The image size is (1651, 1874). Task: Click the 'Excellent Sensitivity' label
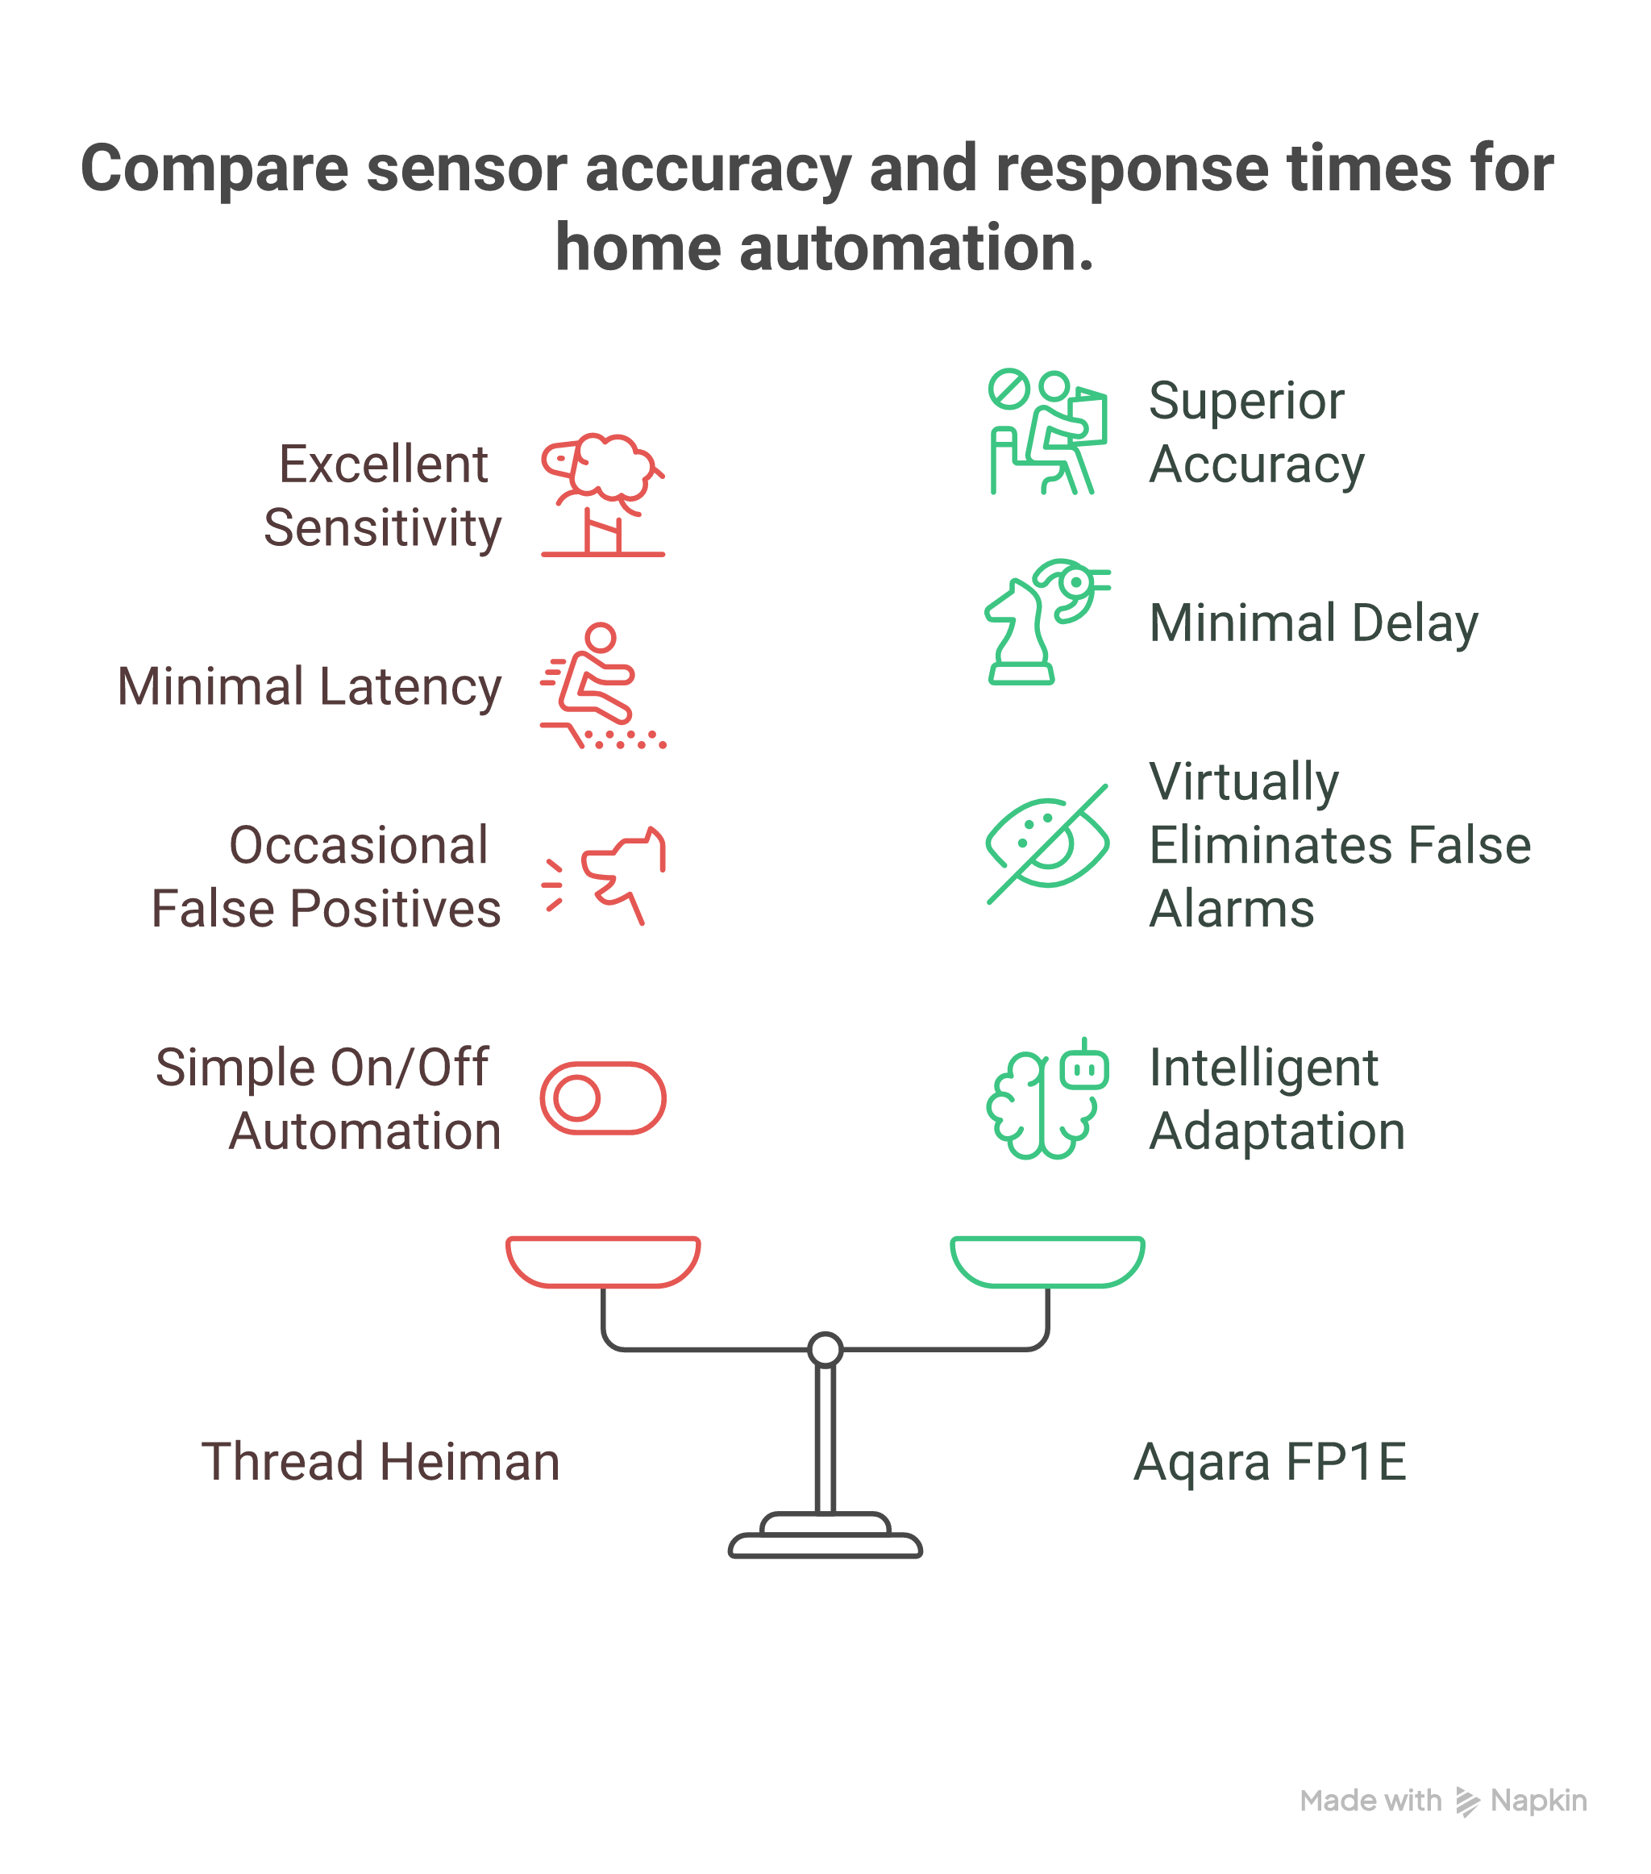(x=383, y=496)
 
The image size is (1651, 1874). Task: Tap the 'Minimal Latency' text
(x=310, y=687)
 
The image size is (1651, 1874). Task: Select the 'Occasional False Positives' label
(x=326, y=877)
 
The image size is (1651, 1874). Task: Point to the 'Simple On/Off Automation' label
(x=327, y=1098)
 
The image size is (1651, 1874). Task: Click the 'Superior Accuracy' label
(x=1256, y=432)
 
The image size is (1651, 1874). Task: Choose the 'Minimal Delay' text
(x=1312, y=623)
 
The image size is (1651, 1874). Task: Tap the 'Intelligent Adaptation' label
(x=1276, y=1098)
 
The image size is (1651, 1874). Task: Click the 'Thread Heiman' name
(x=381, y=1461)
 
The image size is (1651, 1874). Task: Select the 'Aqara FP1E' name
(x=1270, y=1461)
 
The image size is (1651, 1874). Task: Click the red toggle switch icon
(x=602, y=1098)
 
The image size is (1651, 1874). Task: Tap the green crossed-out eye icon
(x=1047, y=843)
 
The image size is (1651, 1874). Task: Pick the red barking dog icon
(x=605, y=877)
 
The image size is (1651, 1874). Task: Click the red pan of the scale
(x=603, y=1261)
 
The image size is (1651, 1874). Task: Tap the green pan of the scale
(x=1047, y=1261)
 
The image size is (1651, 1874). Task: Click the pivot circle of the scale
(x=825, y=1350)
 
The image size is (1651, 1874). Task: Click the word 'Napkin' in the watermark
(x=1538, y=1801)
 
